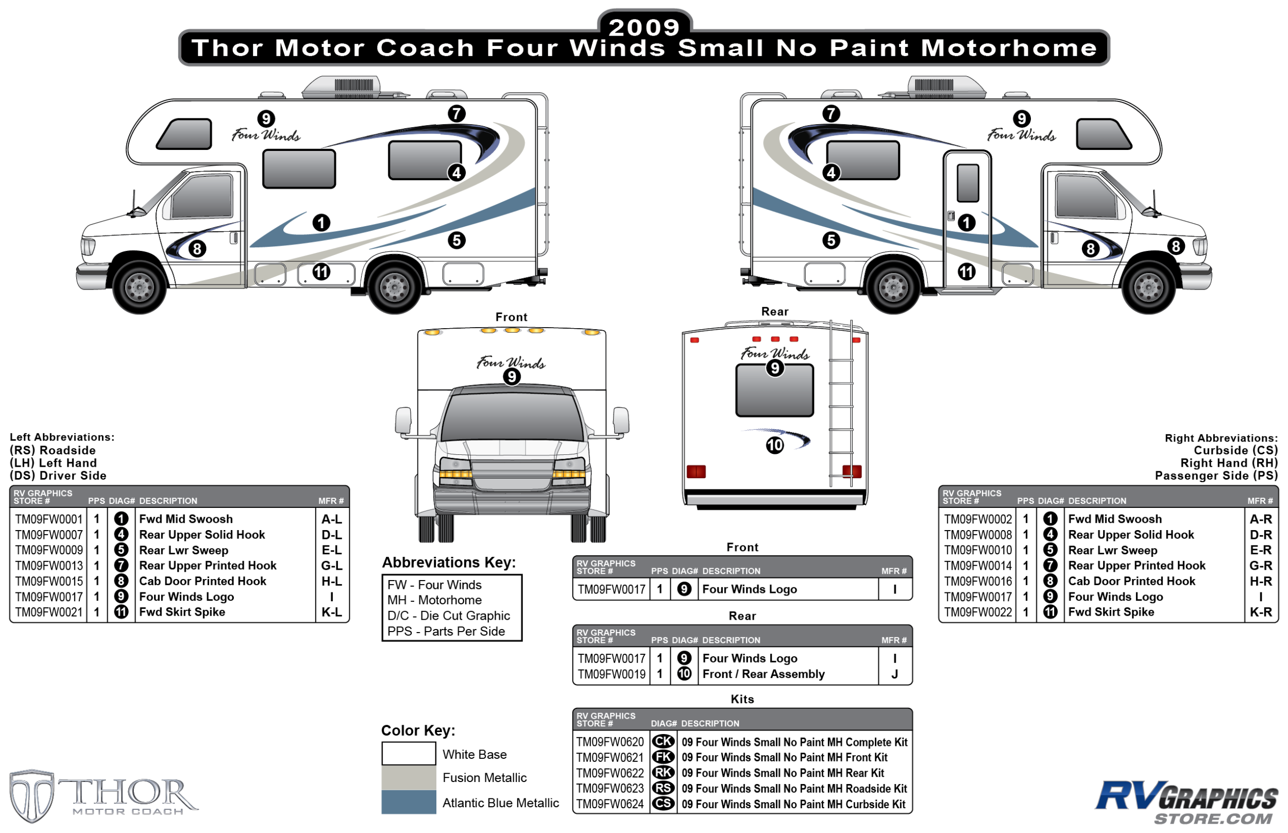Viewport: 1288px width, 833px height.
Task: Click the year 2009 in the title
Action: (643, 27)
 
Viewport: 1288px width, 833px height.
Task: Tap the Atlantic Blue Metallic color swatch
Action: (409, 802)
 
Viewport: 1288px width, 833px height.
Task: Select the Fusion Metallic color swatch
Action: (409, 777)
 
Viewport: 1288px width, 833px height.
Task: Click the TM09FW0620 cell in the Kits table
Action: (609, 742)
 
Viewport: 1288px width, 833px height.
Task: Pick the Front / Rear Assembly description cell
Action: (764, 674)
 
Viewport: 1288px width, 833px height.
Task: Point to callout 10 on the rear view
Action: (774, 445)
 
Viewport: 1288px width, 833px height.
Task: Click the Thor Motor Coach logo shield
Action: (31, 795)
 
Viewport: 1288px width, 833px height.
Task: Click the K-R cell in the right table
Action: (1260, 612)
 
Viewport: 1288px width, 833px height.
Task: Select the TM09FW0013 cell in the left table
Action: (48, 565)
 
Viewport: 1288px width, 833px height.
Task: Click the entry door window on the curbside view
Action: (967, 183)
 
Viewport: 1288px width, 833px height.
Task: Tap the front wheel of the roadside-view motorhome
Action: (140, 286)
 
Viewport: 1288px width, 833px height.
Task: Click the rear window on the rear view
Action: (774, 390)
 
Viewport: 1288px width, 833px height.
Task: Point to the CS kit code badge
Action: (663, 804)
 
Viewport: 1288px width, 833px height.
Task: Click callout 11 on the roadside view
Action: (321, 271)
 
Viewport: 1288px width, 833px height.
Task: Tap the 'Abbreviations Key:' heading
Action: (449, 563)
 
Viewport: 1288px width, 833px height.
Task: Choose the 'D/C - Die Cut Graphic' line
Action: (448, 616)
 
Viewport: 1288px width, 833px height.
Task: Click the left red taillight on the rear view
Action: (696, 472)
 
